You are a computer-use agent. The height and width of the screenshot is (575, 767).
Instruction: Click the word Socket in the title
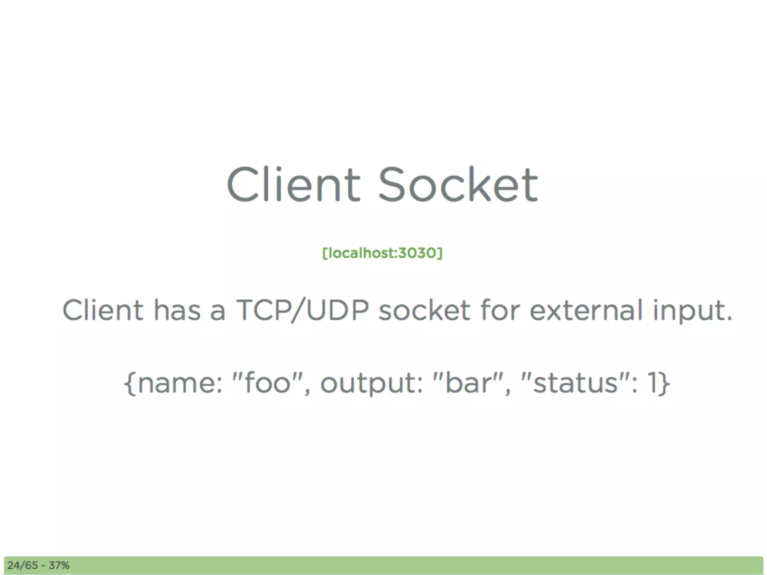[x=458, y=184]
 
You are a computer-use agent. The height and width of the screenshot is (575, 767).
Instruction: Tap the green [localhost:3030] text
[x=382, y=253]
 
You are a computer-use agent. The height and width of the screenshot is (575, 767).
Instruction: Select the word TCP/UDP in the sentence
[x=302, y=310]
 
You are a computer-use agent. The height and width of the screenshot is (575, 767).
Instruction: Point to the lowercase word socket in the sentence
[x=424, y=310]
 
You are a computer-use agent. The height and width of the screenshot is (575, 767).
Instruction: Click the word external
[x=586, y=310]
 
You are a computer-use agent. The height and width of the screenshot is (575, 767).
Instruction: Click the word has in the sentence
[x=177, y=310]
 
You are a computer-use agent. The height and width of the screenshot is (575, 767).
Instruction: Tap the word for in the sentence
[x=500, y=310]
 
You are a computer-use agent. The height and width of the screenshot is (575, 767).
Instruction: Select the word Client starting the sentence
[x=103, y=310]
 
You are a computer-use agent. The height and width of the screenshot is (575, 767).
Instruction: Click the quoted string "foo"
[x=267, y=383]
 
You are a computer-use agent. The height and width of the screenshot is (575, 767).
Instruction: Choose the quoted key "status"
[x=575, y=383]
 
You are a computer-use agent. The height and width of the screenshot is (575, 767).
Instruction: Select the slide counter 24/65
[x=22, y=565]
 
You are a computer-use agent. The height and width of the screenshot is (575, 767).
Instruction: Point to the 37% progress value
[x=59, y=565]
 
